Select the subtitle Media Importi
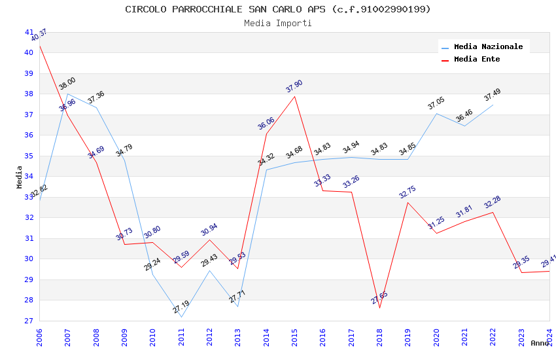pos(278,23)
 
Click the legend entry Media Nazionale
pos(488,46)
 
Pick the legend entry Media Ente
pos(477,59)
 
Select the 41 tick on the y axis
pos(29,32)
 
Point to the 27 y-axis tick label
pos(29,321)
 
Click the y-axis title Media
pos(20,177)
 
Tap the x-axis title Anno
pos(540,343)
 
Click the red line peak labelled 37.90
pos(294,97)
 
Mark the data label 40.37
pos(39,35)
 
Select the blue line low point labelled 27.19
pos(181,317)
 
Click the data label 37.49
pos(492,96)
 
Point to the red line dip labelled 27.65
pos(379,308)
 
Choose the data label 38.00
pos(67,84)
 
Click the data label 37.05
pos(436,103)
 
